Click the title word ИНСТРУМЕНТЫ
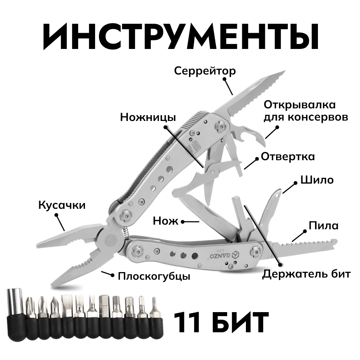coord(180,37)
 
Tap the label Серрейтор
coord(205,71)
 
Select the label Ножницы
coord(148,117)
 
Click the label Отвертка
coord(288,157)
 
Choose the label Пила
coord(324,226)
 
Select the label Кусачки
coord(62,206)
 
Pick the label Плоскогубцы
coord(154,276)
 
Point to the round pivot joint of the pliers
coord(109,240)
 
